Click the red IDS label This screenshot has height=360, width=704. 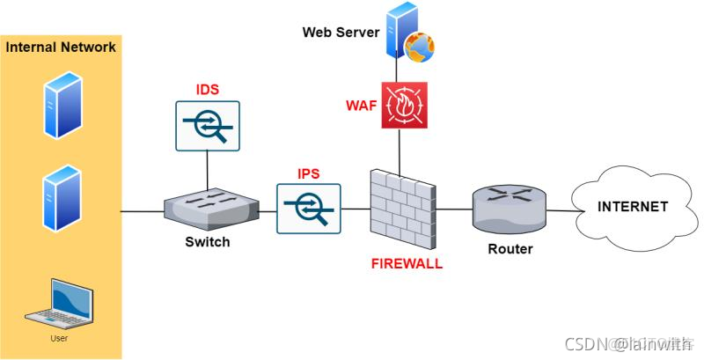point(207,90)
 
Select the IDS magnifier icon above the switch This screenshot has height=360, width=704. point(208,125)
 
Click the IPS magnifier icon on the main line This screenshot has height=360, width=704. point(309,208)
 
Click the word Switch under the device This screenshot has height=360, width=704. point(208,242)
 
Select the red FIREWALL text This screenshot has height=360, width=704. point(406,263)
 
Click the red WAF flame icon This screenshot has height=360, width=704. point(405,106)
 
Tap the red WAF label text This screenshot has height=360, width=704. point(361,107)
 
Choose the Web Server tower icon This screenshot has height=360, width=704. point(401,31)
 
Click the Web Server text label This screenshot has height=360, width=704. point(341,33)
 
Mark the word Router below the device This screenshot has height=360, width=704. point(510,249)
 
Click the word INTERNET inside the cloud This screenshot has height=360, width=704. point(633,207)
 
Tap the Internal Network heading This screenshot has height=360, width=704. point(61,47)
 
